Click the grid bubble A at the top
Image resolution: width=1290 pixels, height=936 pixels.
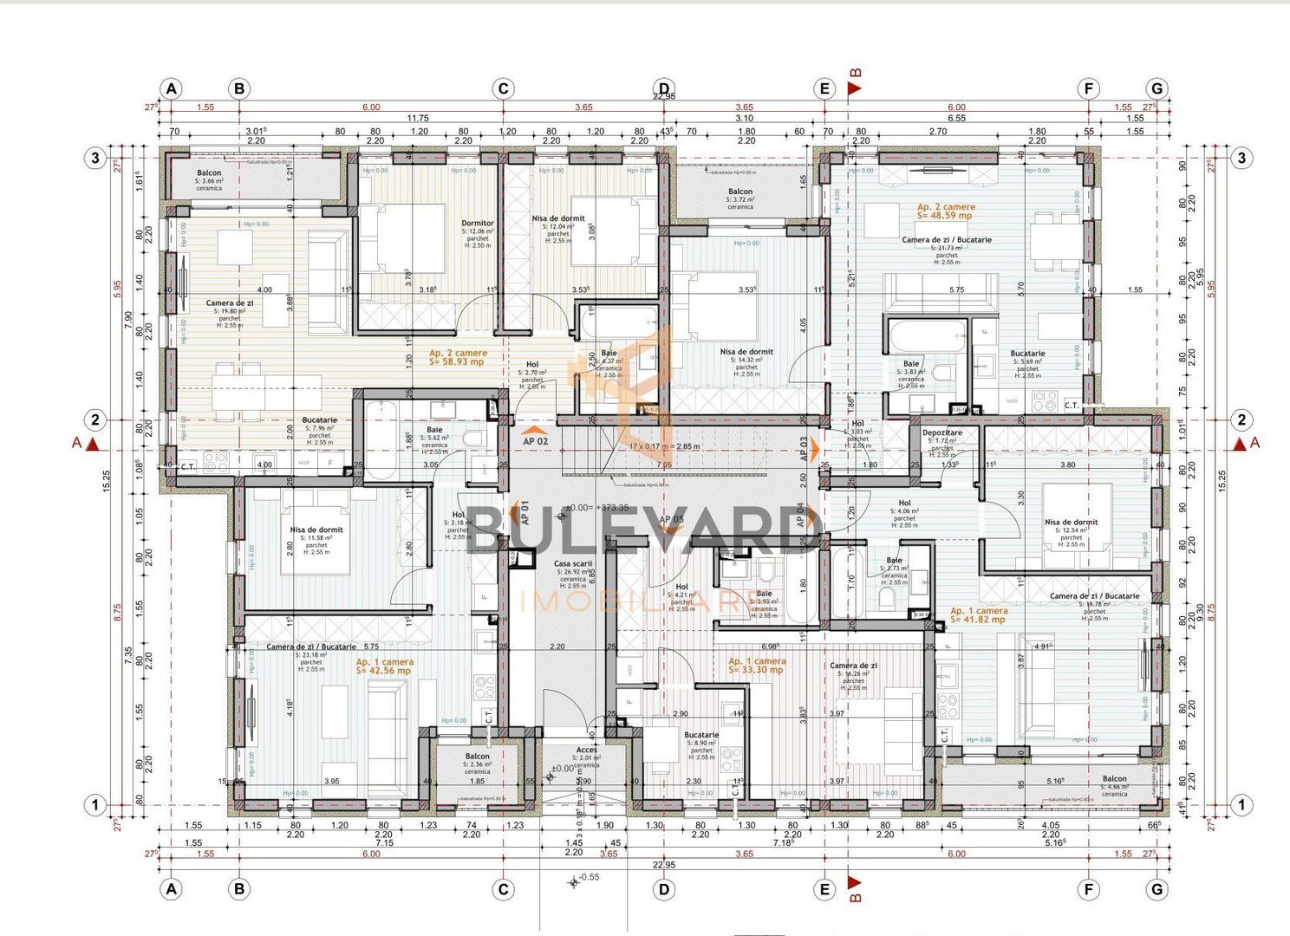[172, 88]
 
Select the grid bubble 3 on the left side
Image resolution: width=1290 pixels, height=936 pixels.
[94, 159]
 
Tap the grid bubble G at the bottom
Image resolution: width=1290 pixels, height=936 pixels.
[1156, 889]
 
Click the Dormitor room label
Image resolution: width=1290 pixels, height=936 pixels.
[478, 224]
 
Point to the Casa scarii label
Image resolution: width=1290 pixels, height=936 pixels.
[573, 564]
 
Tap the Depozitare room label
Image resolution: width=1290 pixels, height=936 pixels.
[942, 432]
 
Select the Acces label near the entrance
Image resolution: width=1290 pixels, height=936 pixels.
[587, 750]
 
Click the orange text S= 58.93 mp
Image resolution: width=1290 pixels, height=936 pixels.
[457, 362]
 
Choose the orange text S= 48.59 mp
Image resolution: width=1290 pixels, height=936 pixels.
[945, 216]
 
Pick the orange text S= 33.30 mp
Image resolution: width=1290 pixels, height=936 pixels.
[756, 670]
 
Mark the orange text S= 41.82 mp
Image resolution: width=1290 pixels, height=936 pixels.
[978, 620]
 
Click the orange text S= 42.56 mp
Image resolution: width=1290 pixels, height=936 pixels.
[384, 671]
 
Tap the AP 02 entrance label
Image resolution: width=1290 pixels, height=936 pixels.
[536, 441]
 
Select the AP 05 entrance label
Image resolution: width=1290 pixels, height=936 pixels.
[671, 520]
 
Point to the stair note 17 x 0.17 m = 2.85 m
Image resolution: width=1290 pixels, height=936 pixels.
[664, 447]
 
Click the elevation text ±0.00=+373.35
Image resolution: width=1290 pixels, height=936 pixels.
[596, 508]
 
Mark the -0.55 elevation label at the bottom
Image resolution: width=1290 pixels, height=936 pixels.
[589, 877]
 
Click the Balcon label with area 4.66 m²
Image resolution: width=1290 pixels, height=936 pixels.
[1115, 778]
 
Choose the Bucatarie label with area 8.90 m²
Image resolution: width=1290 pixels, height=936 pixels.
[701, 735]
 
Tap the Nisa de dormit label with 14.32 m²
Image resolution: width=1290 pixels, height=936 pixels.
[746, 352]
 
